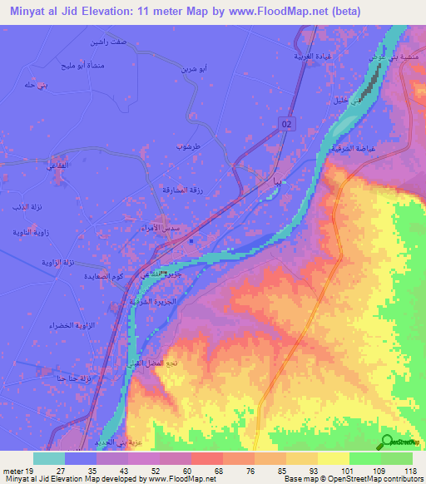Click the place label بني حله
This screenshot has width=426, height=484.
(x=35, y=85)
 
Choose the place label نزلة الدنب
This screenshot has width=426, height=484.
(x=25, y=205)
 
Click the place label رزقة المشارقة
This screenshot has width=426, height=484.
(x=177, y=190)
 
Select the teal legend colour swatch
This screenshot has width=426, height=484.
(x=49, y=458)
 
